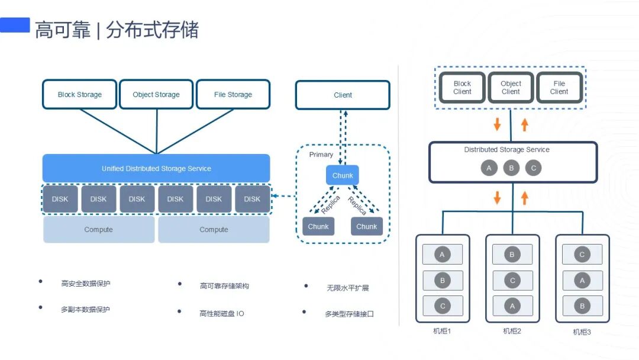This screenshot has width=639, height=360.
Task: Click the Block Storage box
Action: [79, 95]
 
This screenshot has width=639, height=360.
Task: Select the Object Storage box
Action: [156, 95]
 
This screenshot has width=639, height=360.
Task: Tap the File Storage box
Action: [233, 95]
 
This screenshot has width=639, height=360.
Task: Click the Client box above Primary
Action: [343, 95]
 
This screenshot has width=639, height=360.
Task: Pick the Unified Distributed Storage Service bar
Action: [156, 169]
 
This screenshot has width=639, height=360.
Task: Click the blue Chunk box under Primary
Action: [343, 175]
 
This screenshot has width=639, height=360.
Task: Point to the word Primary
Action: [321, 155]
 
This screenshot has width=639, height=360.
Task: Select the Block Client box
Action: [462, 88]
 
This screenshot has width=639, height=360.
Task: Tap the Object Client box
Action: [511, 88]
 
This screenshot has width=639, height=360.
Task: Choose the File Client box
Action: [559, 88]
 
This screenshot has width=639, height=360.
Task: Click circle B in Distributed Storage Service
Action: [511, 168]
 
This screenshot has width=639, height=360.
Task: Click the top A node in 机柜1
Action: [442, 255]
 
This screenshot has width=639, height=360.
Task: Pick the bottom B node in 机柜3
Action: [582, 306]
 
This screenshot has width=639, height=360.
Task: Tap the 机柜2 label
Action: [512, 331]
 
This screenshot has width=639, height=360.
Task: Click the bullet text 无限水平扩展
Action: [348, 288]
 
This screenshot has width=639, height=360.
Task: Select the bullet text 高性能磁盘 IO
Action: [222, 313]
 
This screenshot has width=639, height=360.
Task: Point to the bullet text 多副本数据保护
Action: [85, 309]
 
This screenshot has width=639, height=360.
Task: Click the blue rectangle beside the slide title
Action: [15, 25]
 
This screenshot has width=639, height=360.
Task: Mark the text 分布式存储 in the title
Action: [152, 30]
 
